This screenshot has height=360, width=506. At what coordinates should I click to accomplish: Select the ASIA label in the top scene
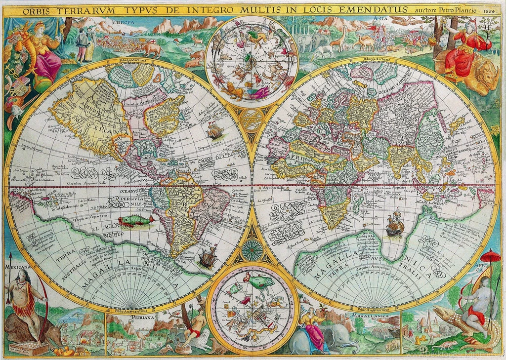coord(379,19)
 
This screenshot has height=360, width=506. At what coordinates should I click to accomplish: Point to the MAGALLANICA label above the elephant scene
coord(369,315)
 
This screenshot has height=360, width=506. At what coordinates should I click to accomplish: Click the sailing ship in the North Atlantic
coord(215,131)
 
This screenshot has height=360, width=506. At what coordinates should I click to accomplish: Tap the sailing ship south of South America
coord(208,257)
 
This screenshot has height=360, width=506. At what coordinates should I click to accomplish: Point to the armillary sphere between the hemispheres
coord(253,118)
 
